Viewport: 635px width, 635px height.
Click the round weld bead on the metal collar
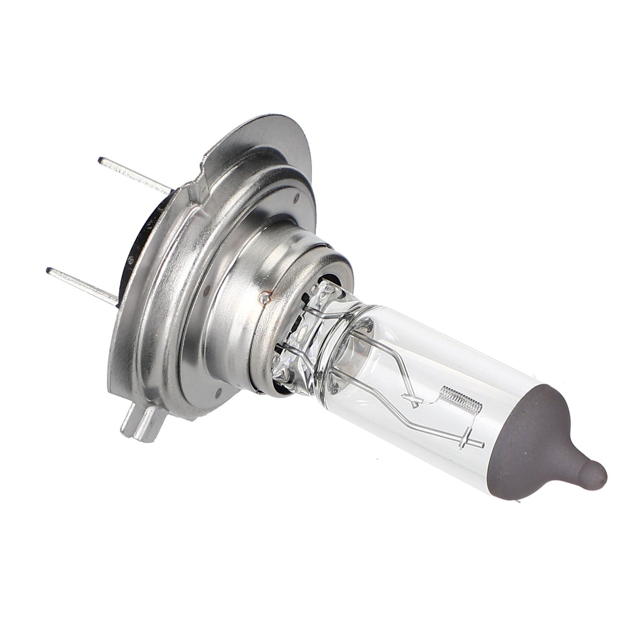pos(264,298)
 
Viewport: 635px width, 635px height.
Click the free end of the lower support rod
pos(481,445)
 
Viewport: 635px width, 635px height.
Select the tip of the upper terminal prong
pos(102,160)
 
